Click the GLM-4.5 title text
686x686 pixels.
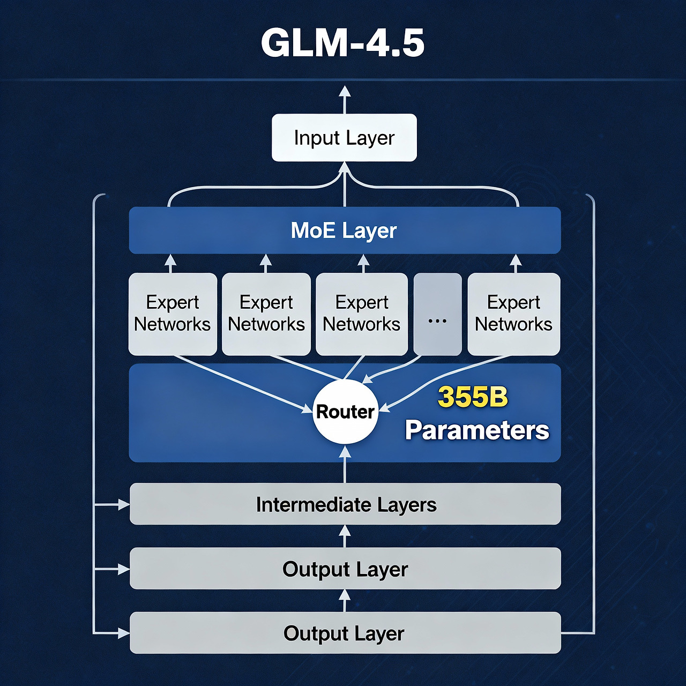pyautogui.click(x=342, y=43)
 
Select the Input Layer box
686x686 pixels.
pyautogui.click(x=344, y=138)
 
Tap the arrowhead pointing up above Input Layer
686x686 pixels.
pyautogui.click(x=345, y=92)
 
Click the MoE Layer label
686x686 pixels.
pyautogui.click(x=344, y=230)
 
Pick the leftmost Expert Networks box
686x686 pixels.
pyautogui.click(x=173, y=314)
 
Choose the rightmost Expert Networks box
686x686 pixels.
pyautogui.click(x=513, y=314)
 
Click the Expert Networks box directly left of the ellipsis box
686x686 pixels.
pyautogui.click(x=362, y=314)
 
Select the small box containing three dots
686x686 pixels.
pyautogui.click(x=437, y=314)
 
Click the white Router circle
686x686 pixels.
pyautogui.click(x=345, y=412)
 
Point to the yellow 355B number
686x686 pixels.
pyautogui.click(x=473, y=397)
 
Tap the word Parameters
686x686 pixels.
pyautogui.click(x=477, y=430)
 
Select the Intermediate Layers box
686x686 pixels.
pyautogui.click(x=345, y=504)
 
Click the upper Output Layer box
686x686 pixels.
pyautogui.click(x=345, y=569)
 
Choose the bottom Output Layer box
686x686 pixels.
pyautogui.click(x=345, y=633)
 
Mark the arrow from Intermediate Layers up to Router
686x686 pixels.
pyautogui.click(x=345, y=464)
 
